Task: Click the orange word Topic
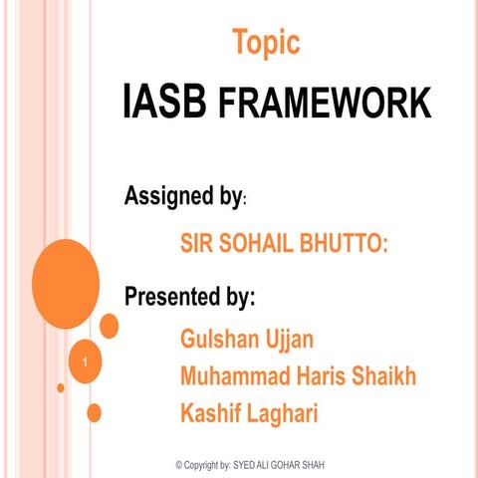click(266, 43)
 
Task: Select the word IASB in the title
click(163, 103)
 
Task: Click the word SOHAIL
click(242, 243)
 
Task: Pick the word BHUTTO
click(335, 243)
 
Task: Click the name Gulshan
click(221, 340)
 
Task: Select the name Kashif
click(210, 413)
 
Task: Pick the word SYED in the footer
click(246, 465)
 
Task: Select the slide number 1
click(88, 360)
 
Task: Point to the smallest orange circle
click(61, 387)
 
